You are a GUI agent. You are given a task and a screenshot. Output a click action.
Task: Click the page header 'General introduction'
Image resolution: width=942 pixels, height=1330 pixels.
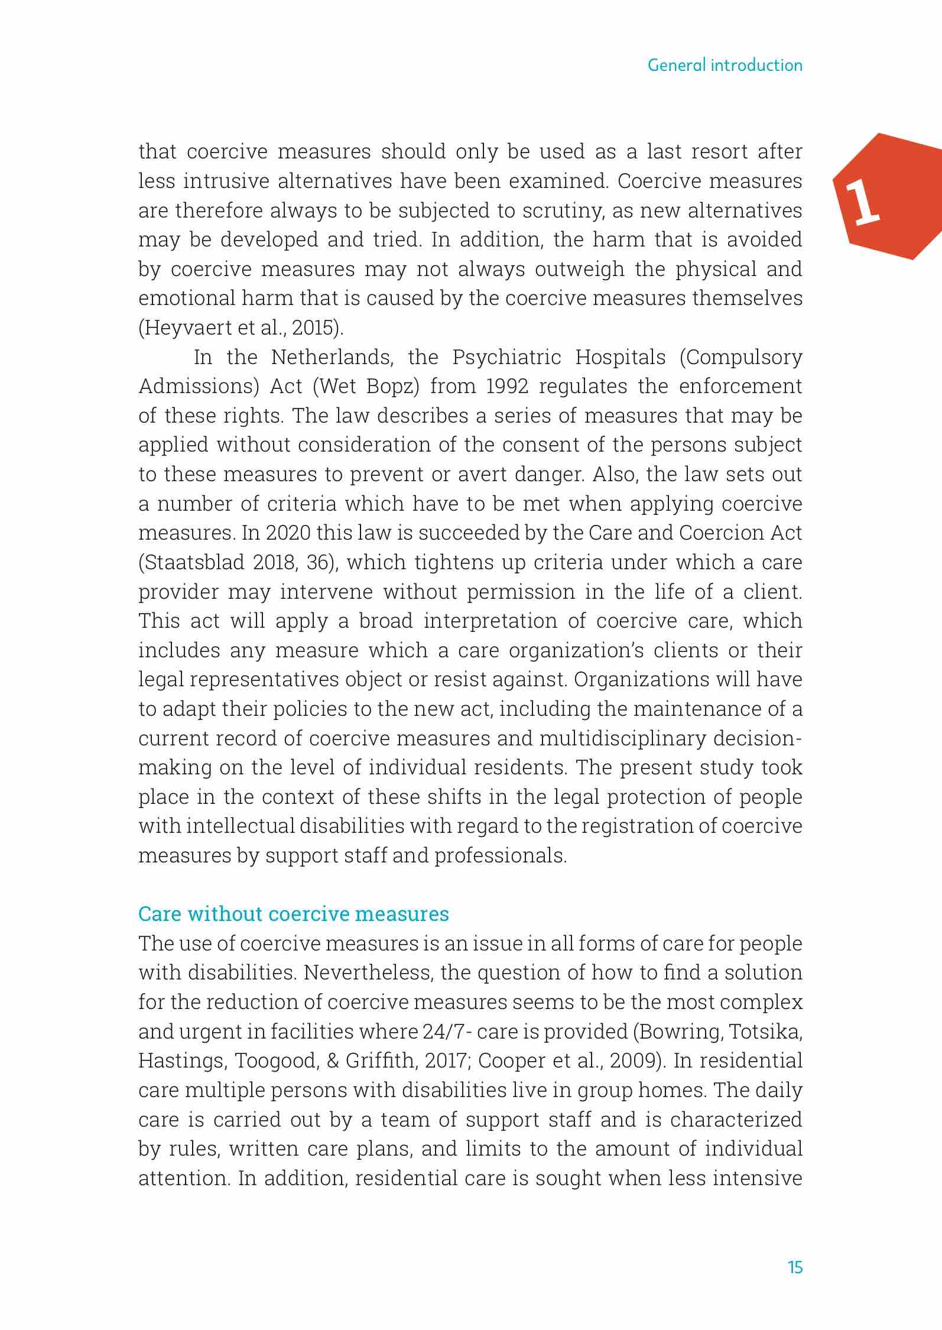tap(725, 65)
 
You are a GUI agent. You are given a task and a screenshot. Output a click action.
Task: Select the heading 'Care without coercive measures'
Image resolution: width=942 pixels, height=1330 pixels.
tap(293, 914)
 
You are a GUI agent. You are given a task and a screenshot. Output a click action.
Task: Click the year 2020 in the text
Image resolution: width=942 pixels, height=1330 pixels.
tap(288, 533)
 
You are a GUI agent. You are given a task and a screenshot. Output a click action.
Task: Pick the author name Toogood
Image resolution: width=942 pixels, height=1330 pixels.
tap(276, 1061)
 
